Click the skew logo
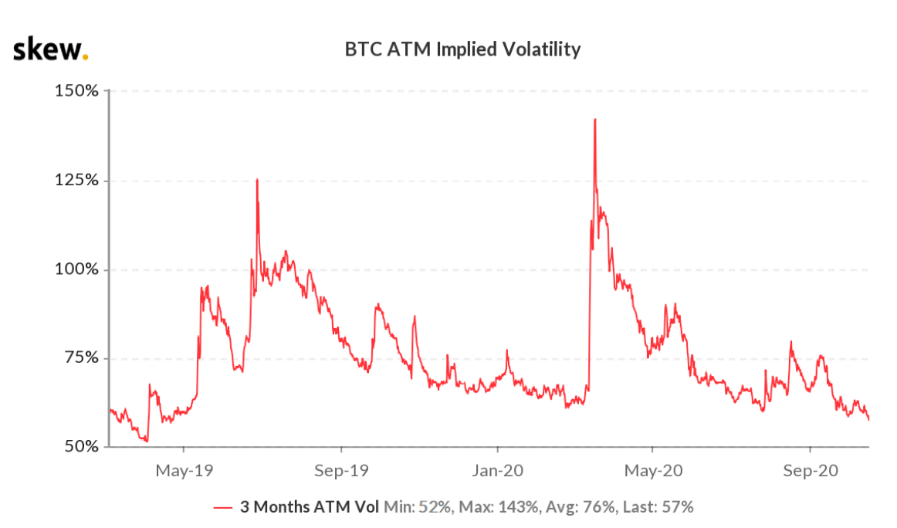tap(50, 50)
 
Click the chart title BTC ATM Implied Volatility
tap(462, 50)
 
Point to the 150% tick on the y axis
tap(77, 91)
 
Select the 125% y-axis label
tap(77, 181)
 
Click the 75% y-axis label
tap(81, 358)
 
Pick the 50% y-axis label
tap(81, 447)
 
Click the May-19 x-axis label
tap(184, 469)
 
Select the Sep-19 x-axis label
tap(340, 469)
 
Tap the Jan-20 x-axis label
tap(497, 469)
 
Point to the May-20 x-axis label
tap(653, 469)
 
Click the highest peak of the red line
tap(595, 120)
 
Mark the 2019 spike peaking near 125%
tap(257, 180)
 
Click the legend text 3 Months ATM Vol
tap(310, 507)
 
